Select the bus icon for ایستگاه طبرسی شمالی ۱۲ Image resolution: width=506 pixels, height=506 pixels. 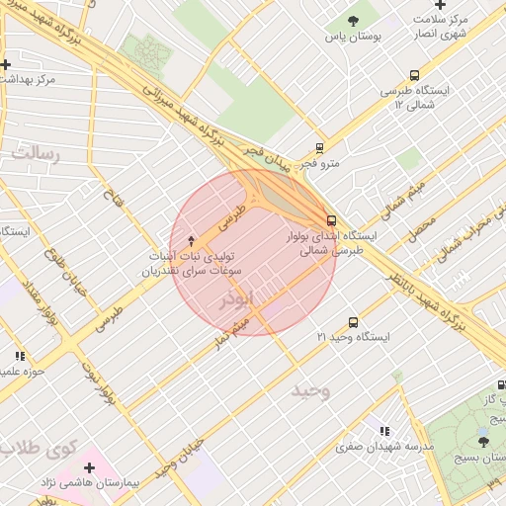413,75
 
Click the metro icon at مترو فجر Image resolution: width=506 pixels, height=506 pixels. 319,147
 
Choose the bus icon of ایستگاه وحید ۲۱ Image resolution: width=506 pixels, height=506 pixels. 354,322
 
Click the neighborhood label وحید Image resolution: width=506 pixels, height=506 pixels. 310,390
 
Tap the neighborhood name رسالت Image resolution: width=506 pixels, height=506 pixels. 36,154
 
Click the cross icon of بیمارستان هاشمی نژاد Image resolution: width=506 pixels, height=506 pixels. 90,465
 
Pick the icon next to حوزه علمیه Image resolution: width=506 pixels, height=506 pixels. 19,356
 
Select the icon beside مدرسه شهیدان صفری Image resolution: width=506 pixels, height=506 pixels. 385,431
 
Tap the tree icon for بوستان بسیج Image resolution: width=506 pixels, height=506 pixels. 483,441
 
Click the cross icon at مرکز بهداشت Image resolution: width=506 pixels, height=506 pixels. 6,65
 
